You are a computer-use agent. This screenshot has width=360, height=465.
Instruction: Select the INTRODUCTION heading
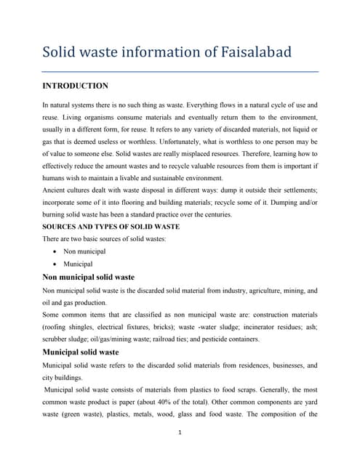click(x=76, y=86)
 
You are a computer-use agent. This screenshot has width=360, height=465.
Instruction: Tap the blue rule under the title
click(x=180, y=72)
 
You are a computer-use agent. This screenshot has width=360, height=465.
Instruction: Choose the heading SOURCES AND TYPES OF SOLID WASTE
click(x=111, y=227)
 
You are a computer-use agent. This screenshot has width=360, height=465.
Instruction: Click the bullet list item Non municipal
click(x=84, y=251)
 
